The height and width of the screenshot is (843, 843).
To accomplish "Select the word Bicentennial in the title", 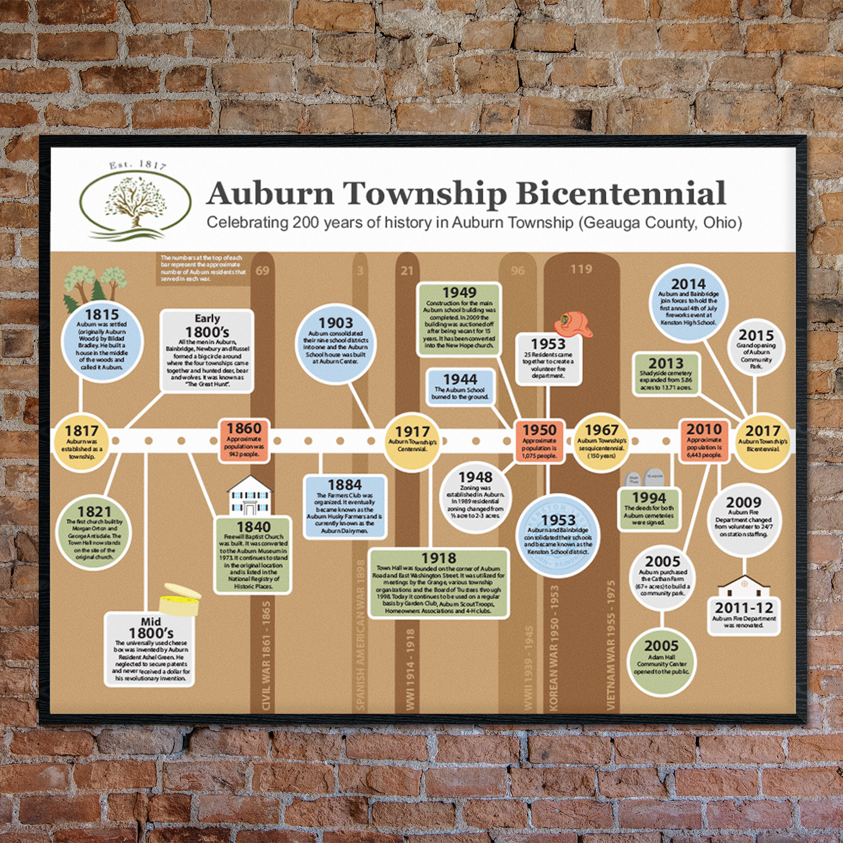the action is [x=620, y=193].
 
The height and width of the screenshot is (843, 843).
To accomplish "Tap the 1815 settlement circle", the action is [x=102, y=341].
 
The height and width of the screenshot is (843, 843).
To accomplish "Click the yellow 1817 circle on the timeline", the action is [x=81, y=442].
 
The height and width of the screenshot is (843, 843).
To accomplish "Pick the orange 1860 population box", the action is [x=244, y=440].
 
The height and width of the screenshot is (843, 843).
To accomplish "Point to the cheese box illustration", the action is [x=180, y=600].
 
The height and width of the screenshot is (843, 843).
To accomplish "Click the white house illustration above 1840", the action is [x=250, y=495].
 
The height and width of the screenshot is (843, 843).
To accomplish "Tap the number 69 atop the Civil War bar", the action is [x=262, y=270].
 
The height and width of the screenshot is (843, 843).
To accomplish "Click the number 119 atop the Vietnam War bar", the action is [x=581, y=269].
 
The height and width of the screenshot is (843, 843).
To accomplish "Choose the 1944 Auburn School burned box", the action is [x=460, y=387].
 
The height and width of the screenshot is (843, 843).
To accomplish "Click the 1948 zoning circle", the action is [x=475, y=496].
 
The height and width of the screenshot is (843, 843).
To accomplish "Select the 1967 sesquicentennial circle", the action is [x=601, y=442].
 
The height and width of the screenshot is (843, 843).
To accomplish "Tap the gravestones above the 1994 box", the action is [x=645, y=478].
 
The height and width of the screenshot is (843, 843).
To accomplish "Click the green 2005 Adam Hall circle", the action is [x=661, y=660].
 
